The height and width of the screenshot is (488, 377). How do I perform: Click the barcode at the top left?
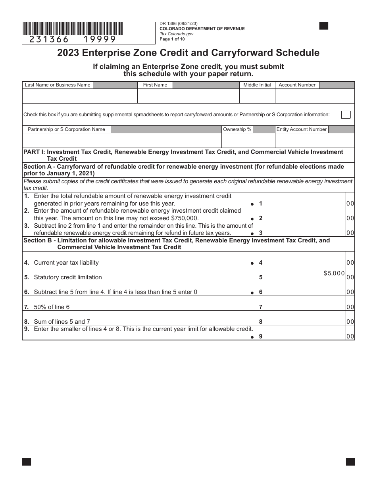tap(72, 29)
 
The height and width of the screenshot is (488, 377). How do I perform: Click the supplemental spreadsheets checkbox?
tap(346, 114)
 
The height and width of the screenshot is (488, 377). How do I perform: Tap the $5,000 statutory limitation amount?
tap(334, 273)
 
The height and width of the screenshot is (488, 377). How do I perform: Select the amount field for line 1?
tap(306, 200)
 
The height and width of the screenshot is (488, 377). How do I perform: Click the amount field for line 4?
tap(306, 259)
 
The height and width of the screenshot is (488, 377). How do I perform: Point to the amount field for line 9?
tap(306, 333)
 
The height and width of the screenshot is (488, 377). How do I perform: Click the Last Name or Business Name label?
tap(58, 85)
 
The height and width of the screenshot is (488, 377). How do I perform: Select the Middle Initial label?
tap(257, 85)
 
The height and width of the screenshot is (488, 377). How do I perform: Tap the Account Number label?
tap(297, 85)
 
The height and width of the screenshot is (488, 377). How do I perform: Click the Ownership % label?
tap(237, 129)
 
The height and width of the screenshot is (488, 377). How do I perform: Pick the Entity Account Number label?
tap(301, 129)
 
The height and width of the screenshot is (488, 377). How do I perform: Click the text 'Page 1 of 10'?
tap(172, 39)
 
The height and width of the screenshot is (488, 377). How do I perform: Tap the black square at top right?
tap(324, 26)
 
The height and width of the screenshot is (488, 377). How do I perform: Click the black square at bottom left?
tap(27, 462)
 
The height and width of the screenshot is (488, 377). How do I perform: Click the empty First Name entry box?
tap(188, 96)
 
